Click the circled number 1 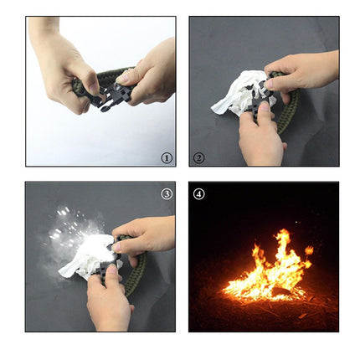point(166,157)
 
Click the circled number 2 point(198,157)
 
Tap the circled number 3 point(166,194)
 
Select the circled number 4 point(198,194)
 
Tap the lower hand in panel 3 point(109,297)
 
